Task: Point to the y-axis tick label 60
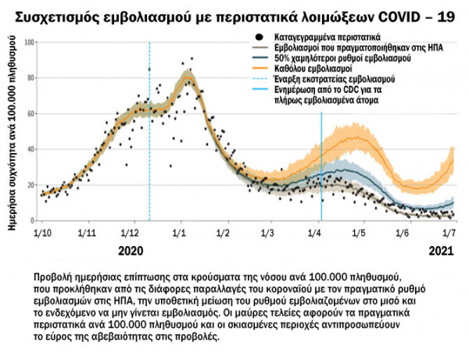click(x=31, y=113)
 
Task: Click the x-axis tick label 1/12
click(x=132, y=233)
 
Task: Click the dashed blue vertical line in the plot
click(x=149, y=156)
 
